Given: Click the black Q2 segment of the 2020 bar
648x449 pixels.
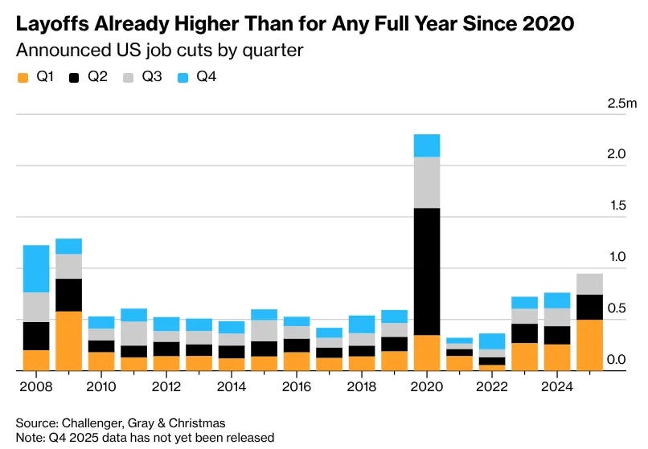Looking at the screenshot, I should click(427, 271).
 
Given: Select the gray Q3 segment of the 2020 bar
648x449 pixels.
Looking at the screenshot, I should click(427, 182).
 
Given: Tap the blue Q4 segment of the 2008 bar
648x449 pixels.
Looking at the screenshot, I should click(36, 268).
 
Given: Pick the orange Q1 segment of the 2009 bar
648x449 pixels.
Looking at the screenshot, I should click(68, 341).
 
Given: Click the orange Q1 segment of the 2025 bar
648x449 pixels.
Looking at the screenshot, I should click(589, 345).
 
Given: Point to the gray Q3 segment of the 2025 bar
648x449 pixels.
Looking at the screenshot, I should click(589, 284).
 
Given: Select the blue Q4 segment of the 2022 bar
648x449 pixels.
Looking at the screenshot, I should click(492, 341).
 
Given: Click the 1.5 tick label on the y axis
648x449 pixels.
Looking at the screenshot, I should click(616, 206).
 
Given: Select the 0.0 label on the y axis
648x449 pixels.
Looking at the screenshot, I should click(616, 360).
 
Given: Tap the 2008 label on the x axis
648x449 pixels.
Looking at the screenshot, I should click(36, 386).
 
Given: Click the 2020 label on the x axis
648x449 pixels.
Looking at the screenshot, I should click(427, 386).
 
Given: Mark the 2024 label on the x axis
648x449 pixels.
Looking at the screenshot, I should click(557, 386).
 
